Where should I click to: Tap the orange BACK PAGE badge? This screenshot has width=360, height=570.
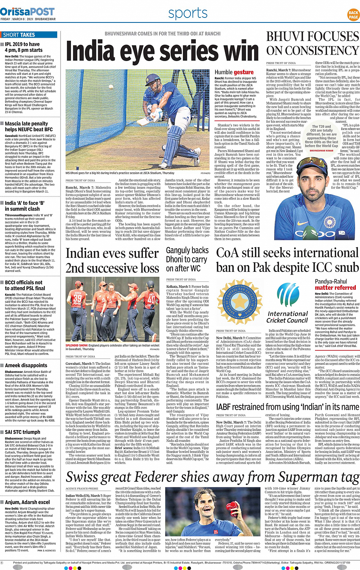click(353, 15)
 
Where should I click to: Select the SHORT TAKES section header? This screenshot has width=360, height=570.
click(19, 35)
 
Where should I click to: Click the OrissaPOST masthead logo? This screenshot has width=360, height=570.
click(27, 11)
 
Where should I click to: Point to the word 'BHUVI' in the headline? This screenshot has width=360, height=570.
click(288, 37)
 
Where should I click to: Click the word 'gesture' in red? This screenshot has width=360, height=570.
click(243, 72)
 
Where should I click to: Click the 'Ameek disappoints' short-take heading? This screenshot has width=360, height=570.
click(26, 365)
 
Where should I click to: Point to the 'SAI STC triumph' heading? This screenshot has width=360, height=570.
click(22, 432)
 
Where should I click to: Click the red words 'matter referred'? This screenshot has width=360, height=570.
click(335, 288)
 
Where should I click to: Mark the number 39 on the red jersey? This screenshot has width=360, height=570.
click(77, 298)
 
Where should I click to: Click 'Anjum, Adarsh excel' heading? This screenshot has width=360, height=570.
click(27, 502)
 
